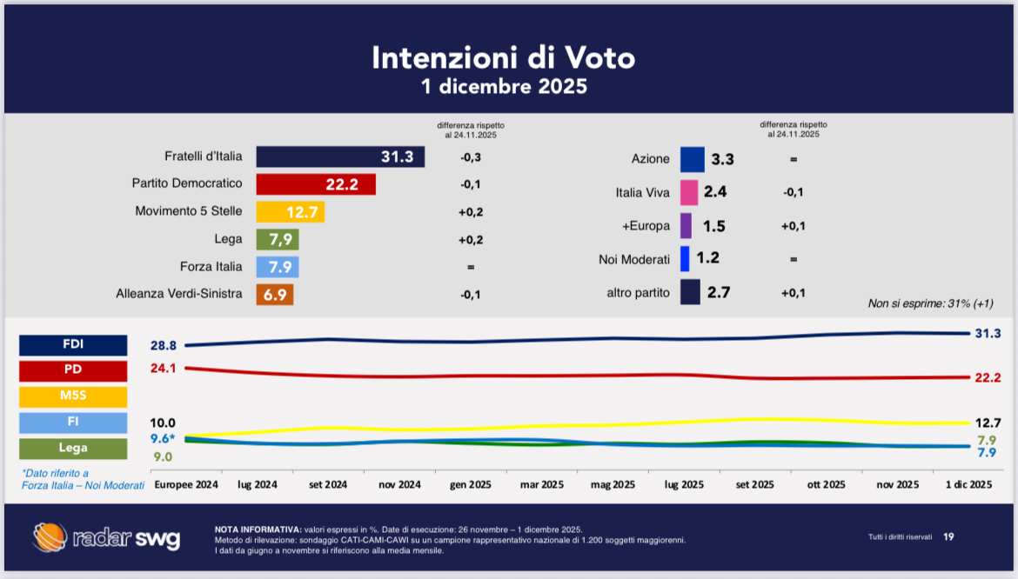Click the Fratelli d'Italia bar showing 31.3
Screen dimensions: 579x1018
point(340,157)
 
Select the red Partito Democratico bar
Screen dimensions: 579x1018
point(316,184)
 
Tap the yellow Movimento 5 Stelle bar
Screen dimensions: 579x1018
point(291,212)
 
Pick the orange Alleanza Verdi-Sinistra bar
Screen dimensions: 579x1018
point(275,295)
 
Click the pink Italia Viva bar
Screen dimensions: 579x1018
point(689,192)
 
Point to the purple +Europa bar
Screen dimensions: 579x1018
point(686,226)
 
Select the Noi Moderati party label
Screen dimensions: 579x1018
point(634,259)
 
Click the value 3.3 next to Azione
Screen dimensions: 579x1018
point(722,159)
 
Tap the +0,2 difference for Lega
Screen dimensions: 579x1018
point(471,239)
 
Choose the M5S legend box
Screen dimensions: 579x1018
point(73,397)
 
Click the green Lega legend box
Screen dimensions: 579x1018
point(73,449)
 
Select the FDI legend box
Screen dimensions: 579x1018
point(73,344)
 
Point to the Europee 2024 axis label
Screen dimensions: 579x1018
point(186,484)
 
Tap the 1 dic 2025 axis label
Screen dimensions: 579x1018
point(968,484)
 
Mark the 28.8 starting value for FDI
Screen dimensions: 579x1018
point(163,346)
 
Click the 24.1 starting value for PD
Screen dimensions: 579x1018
point(163,369)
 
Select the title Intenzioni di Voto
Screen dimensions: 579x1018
point(503,57)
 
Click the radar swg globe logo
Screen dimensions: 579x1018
point(50,536)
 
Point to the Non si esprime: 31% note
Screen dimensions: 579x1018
point(930,303)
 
